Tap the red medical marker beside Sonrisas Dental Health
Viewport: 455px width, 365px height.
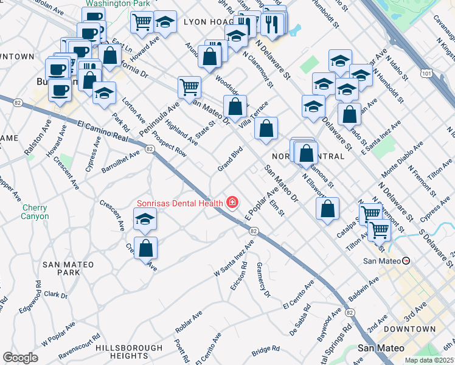232,202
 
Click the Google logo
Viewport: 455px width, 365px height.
20,358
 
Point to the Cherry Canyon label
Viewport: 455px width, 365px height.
35,212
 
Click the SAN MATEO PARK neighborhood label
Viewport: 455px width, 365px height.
68,268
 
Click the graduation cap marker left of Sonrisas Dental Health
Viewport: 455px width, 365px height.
145,220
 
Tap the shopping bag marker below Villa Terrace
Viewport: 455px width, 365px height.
266,128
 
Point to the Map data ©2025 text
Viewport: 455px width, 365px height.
429,360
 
